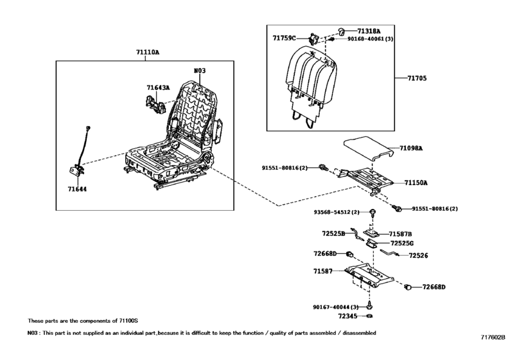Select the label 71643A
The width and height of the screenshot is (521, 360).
pyautogui.click(x=157, y=88)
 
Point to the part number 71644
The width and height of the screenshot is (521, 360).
pyautogui.click(x=78, y=190)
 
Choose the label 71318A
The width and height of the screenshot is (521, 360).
pyautogui.click(x=369, y=30)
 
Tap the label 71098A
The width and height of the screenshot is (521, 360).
pyautogui.click(x=411, y=148)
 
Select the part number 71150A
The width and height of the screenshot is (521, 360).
pyautogui.click(x=416, y=183)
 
